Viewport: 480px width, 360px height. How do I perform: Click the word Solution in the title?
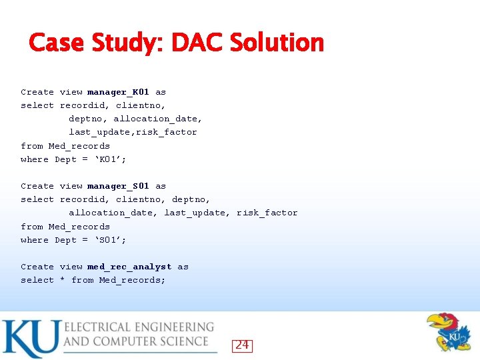click(x=277, y=43)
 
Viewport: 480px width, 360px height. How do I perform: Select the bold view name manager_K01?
click(x=118, y=92)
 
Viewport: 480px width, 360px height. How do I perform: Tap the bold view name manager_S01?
click(x=118, y=186)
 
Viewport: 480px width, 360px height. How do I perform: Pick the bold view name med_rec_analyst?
click(x=129, y=267)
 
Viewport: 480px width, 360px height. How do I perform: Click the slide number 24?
click(x=242, y=345)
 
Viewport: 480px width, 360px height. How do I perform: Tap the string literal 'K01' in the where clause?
click(x=111, y=159)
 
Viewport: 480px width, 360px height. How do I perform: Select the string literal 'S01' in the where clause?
click(x=111, y=240)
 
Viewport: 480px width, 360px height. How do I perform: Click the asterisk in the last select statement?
click(x=63, y=281)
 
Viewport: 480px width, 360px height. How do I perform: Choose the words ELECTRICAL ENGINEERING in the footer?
click(x=139, y=327)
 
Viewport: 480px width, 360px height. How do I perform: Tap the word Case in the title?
click(x=55, y=43)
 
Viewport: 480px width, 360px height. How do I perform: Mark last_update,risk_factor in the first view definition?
click(x=133, y=132)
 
